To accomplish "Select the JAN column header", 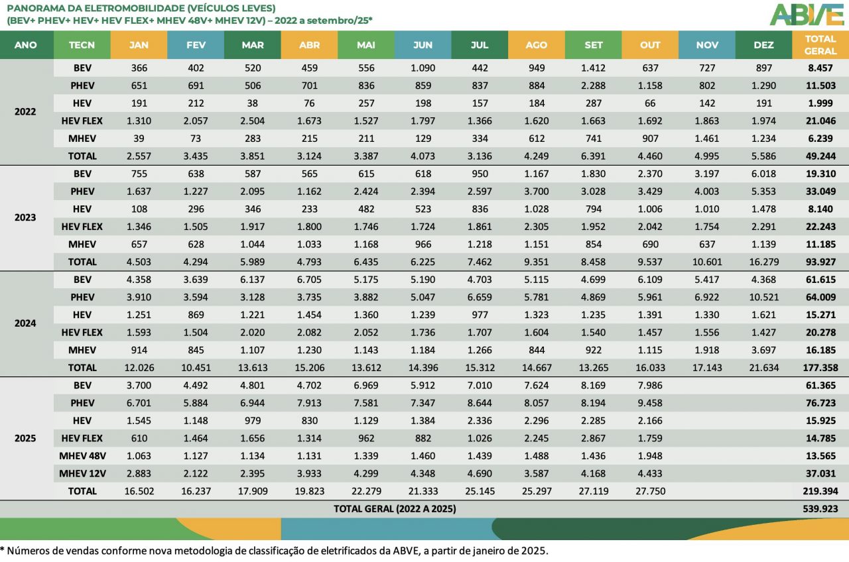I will point(139,45).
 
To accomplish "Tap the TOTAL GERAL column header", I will point(820,45).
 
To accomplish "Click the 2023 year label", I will point(25,217).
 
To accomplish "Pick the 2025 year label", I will point(25,438).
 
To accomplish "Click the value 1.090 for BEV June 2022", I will point(422,68).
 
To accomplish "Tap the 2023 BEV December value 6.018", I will point(763,174).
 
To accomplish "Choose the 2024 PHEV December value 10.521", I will point(763,297).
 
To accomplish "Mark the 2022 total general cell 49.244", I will point(821,156).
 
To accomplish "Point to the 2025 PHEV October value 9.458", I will point(650,403).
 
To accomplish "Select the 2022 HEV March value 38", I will point(252,103).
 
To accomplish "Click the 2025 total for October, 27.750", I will point(650,491).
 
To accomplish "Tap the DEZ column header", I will point(763,45).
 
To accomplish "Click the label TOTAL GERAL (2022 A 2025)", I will point(395,509).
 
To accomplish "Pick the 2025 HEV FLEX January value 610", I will point(139,438).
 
